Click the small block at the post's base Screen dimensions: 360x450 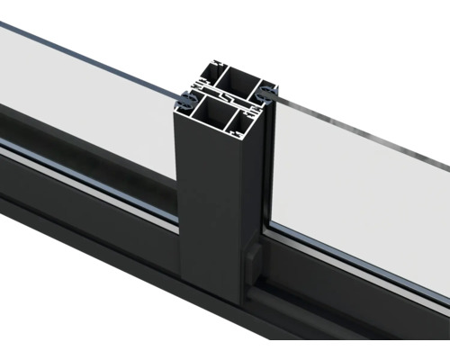252,265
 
